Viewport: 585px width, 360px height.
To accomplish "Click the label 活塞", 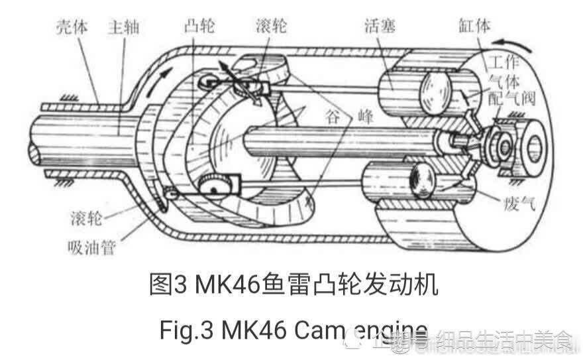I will (380, 27).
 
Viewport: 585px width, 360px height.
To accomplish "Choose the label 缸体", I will (473, 28).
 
